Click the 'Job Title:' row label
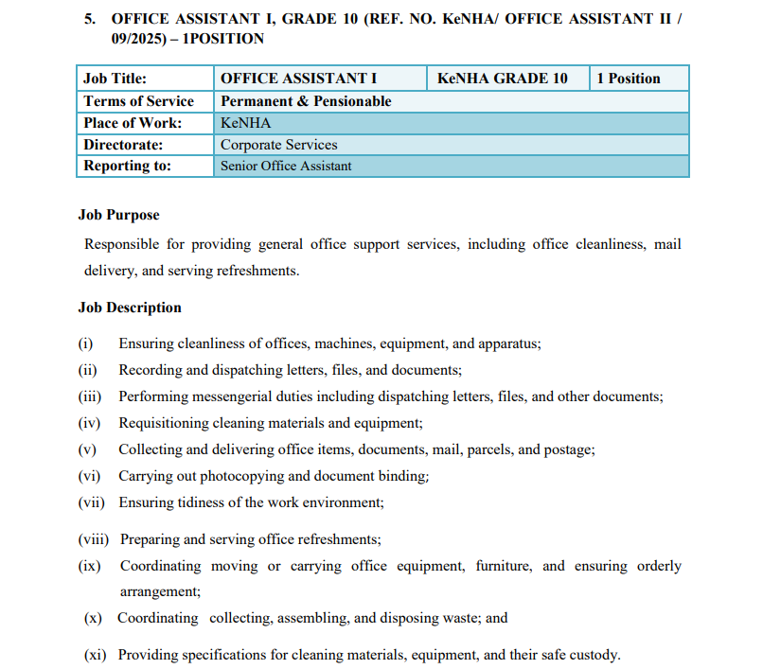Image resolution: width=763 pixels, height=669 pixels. (115, 79)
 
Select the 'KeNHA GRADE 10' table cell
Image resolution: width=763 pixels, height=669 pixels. (502, 79)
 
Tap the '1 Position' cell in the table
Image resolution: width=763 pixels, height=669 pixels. (629, 79)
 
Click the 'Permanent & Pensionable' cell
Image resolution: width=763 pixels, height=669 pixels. (306, 101)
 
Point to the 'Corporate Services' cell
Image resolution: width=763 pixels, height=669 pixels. (278, 145)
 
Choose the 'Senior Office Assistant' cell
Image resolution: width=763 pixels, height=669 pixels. (286, 167)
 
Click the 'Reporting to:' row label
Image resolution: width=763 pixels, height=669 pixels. (127, 166)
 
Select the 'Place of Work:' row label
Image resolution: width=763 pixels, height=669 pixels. (133, 123)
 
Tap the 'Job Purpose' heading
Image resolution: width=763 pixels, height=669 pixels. (118, 215)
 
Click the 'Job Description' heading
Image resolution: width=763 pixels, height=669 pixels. (130, 308)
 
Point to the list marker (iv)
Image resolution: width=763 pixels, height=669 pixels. (89, 423)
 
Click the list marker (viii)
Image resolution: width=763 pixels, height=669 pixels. (94, 539)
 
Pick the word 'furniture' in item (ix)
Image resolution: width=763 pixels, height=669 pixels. (503, 566)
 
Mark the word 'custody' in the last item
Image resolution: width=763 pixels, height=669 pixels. (594, 654)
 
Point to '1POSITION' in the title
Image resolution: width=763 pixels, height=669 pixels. (226, 39)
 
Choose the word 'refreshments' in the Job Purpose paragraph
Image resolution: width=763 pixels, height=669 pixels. (257, 271)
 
